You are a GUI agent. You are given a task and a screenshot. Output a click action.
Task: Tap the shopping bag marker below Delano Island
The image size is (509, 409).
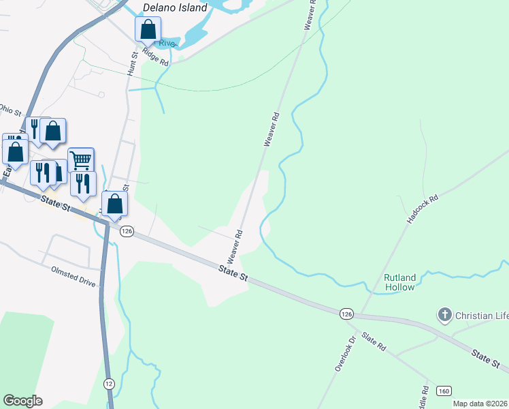(x=147, y=30)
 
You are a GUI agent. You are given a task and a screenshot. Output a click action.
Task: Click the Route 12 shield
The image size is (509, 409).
(x=109, y=383)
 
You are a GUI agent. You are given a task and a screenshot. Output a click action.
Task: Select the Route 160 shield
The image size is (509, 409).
(x=444, y=391)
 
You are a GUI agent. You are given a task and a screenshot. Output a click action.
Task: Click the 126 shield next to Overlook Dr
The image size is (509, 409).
(x=347, y=314)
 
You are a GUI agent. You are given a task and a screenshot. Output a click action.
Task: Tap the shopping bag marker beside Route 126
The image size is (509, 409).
(x=114, y=204)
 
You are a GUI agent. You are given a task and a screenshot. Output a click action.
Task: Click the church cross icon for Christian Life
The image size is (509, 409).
(x=444, y=315)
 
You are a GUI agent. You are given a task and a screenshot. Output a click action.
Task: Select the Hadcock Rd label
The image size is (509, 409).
(x=423, y=209)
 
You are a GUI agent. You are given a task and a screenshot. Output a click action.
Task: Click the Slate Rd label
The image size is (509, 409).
(x=374, y=342)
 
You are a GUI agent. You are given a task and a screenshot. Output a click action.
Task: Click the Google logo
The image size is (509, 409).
(x=22, y=401)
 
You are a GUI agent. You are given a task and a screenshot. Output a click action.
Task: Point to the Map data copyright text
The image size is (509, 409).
(x=480, y=404)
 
